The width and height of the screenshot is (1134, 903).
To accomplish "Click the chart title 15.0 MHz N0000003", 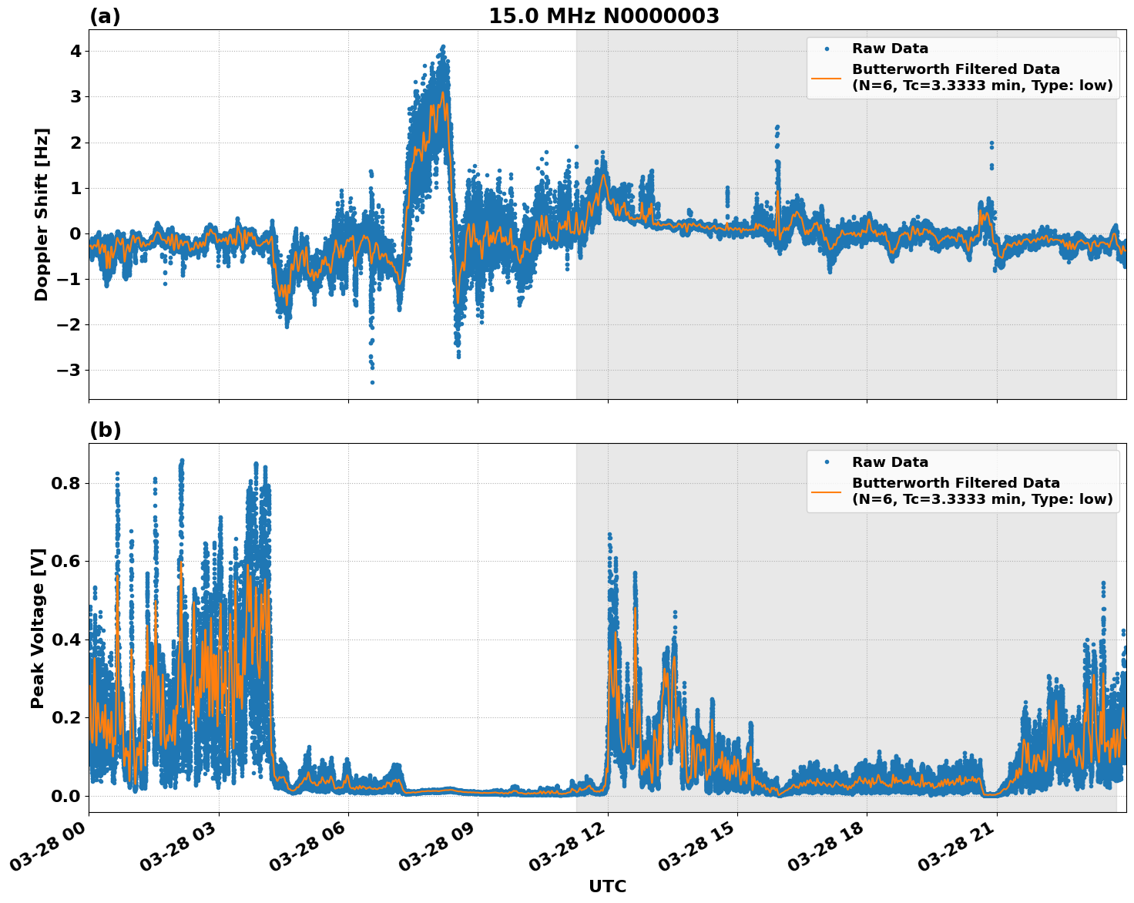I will (603, 16).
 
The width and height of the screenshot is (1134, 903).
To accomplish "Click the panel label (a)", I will (105, 16).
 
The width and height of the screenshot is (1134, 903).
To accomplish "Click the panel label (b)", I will (105, 430).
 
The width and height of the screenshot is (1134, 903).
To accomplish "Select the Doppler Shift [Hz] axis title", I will (42, 214).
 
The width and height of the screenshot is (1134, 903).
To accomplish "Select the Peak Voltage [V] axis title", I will (38, 628).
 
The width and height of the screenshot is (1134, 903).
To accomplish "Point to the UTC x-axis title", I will (607, 886).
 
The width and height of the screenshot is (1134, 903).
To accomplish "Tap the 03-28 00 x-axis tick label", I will (50, 850).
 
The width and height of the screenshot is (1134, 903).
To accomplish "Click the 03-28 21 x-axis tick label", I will (958, 850).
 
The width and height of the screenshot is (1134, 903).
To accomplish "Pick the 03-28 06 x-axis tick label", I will (310, 850).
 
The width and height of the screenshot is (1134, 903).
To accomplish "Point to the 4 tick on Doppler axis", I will (75, 51).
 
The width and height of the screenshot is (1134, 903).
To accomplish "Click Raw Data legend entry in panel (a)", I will (890, 49).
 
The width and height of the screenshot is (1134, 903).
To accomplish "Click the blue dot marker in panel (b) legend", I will (827, 462).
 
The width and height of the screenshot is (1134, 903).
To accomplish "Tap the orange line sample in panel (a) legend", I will (827, 77).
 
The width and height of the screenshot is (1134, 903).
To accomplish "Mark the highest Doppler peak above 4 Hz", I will (443, 47).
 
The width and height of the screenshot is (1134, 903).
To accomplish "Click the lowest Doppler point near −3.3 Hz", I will (372, 382).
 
